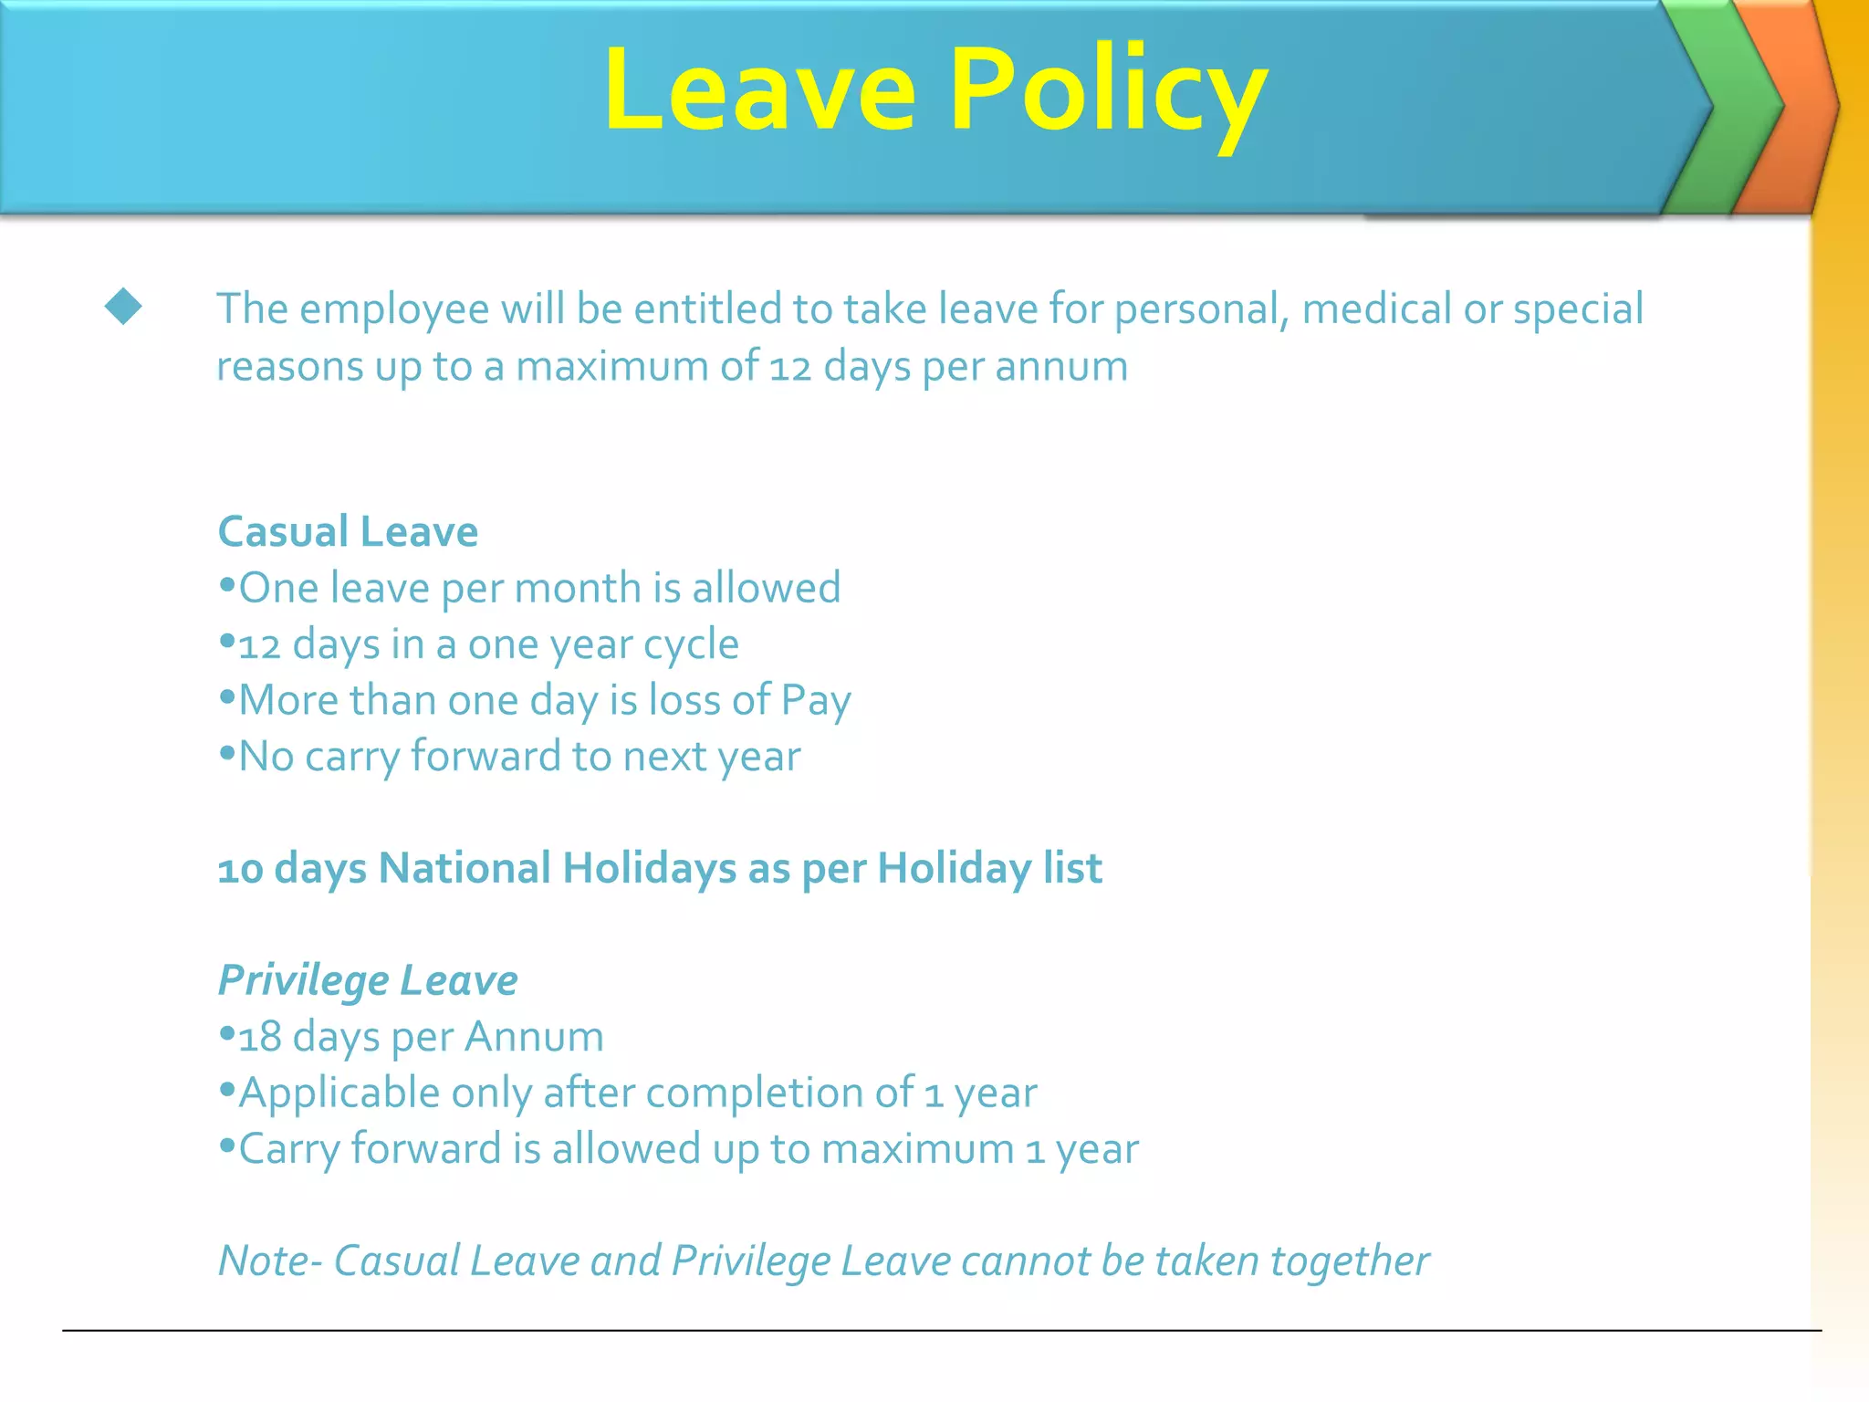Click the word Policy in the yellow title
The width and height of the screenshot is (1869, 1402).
[1108, 91]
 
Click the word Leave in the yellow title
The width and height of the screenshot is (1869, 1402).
[759, 91]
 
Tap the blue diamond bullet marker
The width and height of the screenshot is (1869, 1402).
[123, 307]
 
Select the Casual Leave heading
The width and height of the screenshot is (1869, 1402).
[348, 531]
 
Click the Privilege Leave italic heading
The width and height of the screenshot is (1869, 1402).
[368, 980]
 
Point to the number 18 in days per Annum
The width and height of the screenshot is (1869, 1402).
[259, 1037]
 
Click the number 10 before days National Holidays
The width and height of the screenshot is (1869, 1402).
[240, 869]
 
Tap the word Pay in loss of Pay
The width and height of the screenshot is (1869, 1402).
[816, 701]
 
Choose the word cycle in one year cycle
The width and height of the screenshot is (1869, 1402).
[691, 644]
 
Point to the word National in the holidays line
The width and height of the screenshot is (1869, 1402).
[465, 868]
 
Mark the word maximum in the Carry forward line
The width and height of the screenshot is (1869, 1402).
[917, 1149]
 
